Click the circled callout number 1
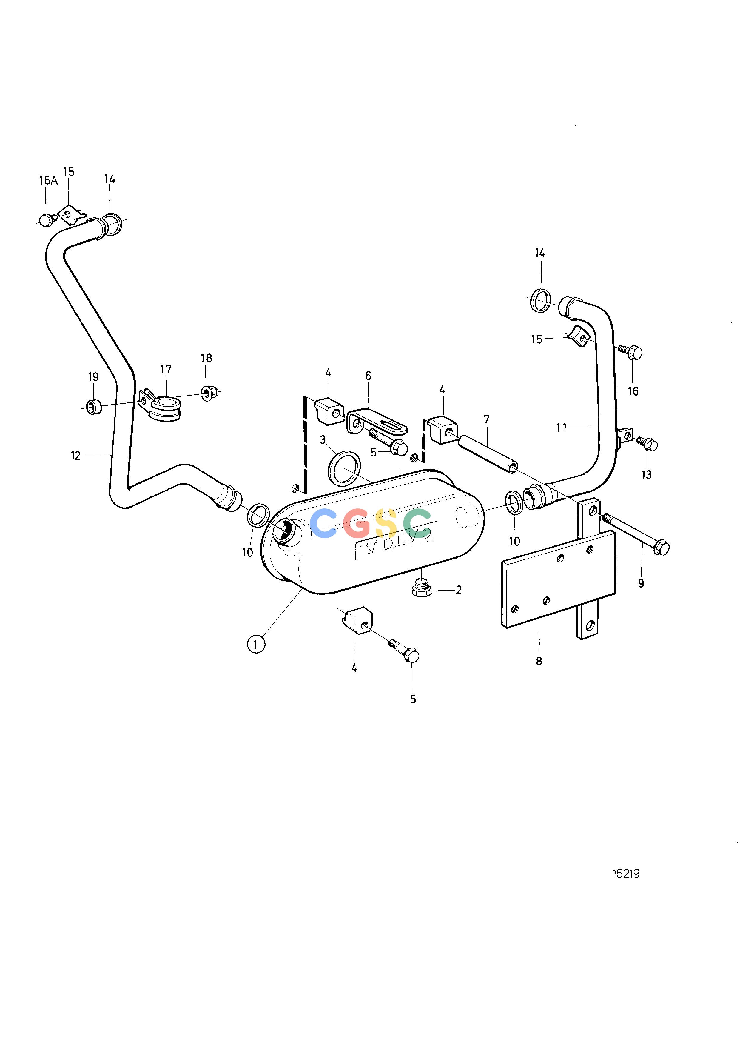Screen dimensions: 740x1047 [256, 644]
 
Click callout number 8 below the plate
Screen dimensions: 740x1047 [539, 661]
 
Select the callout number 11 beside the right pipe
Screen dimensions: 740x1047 [561, 427]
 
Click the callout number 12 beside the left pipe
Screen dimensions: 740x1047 [75, 456]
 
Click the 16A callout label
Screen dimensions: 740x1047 [48, 181]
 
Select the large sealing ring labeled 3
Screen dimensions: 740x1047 [344, 469]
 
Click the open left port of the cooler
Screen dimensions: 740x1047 [284, 531]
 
